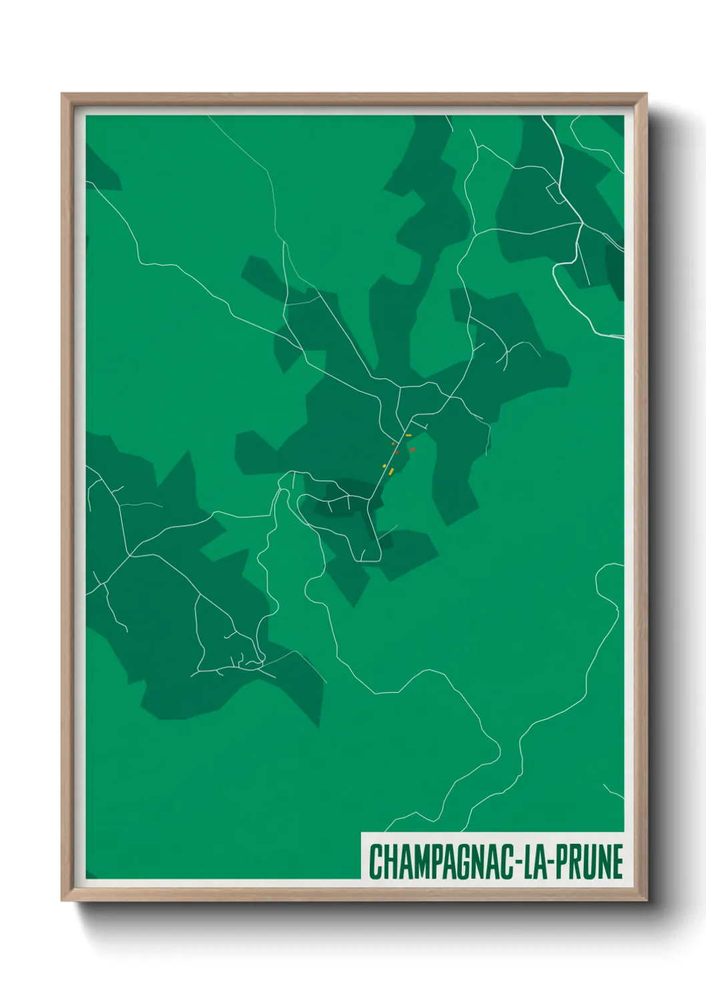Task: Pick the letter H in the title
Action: (x=388, y=862)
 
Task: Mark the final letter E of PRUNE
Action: (x=617, y=862)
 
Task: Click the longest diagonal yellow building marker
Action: (x=391, y=471)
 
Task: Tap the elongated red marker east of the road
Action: (x=412, y=449)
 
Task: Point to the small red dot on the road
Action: (x=396, y=452)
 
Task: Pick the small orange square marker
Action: (x=393, y=443)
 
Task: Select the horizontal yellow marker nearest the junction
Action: (x=408, y=435)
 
